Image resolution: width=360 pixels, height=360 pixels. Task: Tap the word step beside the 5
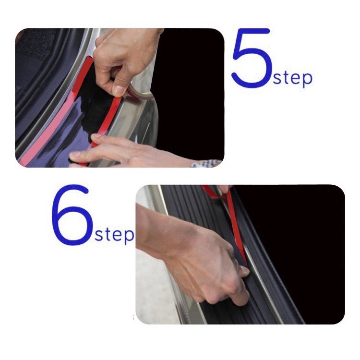click(x=292, y=78)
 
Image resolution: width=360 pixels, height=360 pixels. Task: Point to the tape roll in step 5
click(x=140, y=93)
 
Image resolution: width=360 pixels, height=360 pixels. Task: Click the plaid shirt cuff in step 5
click(x=206, y=164)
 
